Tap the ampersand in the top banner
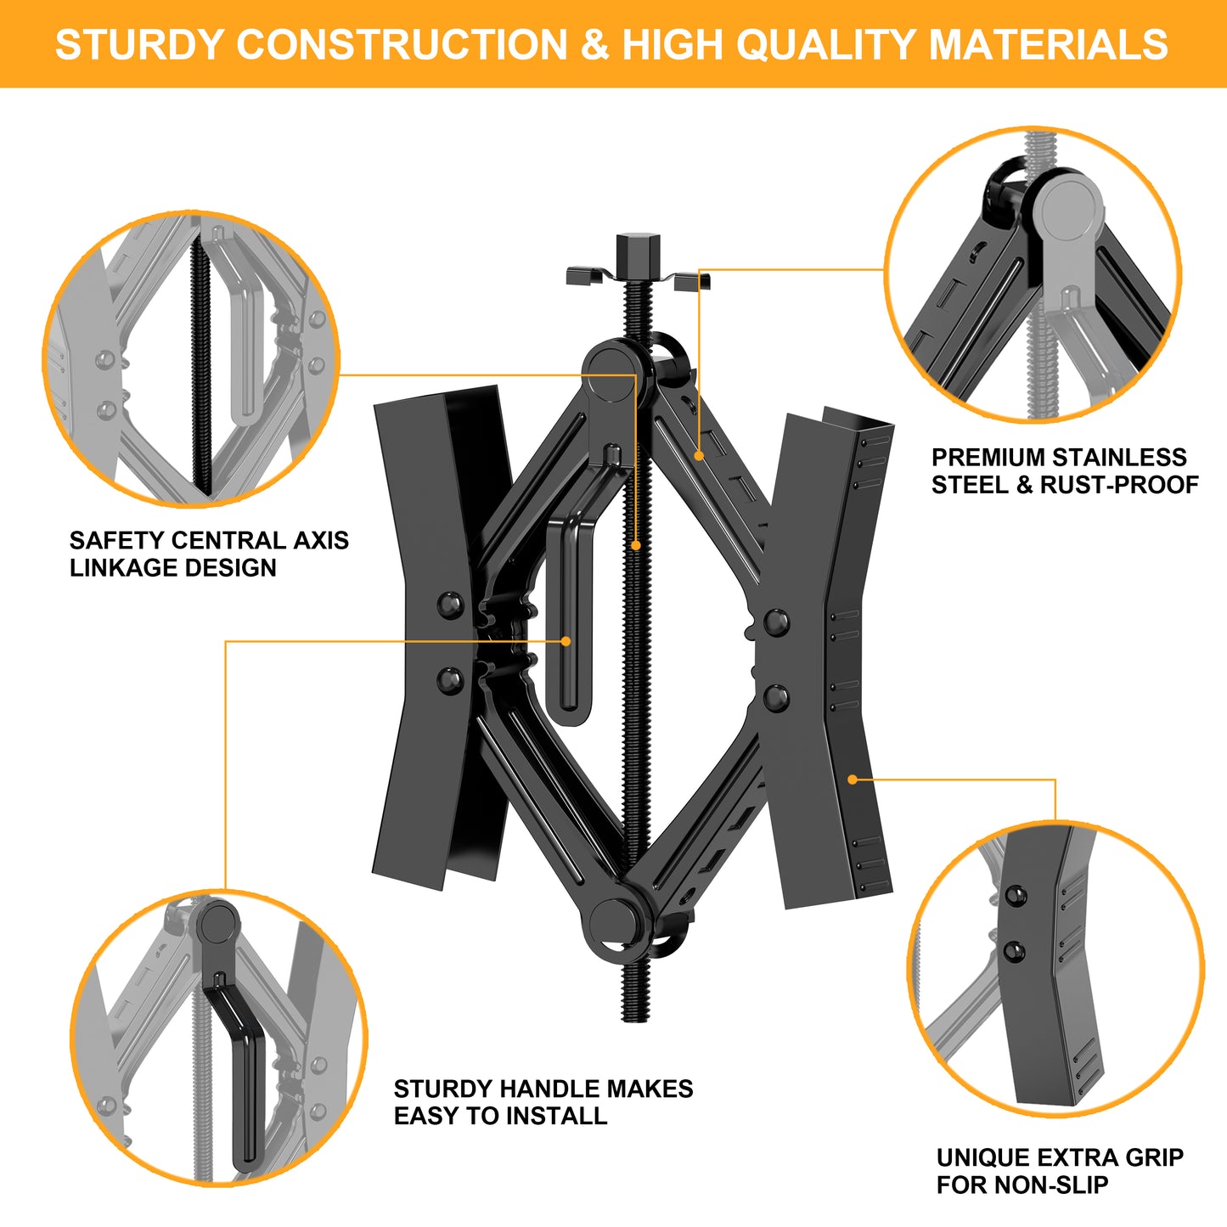pyautogui.click(x=594, y=45)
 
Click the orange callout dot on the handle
pyautogui.click(x=566, y=641)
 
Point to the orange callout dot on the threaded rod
pyautogui.click(x=635, y=545)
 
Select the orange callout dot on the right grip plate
pyautogui.click(x=853, y=779)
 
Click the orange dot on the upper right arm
pyautogui.click(x=699, y=456)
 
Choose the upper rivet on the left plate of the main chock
pyautogui.click(x=449, y=605)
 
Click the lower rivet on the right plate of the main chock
pyautogui.click(x=775, y=698)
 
